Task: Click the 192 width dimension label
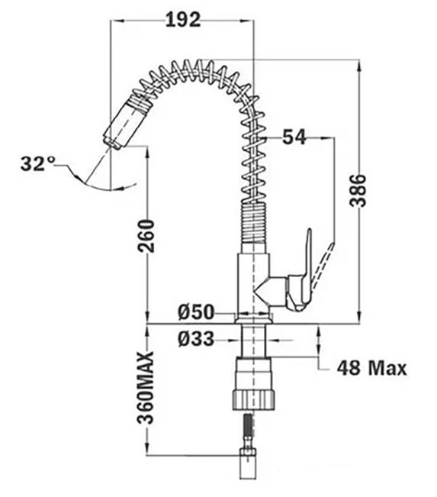click(x=183, y=20)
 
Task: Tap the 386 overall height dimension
click(x=358, y=191)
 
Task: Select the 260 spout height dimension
click(x=146, y=236)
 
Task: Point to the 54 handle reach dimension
click(x=294, y=137)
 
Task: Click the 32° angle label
click(x=37, y=164)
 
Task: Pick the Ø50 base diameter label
click(x=196, y=312)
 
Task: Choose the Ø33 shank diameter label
click(x=196, y=339)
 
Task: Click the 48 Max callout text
click(x=371, y=368)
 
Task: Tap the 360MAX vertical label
click(x=146, y=387)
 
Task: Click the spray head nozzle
click(x=125, y=123)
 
